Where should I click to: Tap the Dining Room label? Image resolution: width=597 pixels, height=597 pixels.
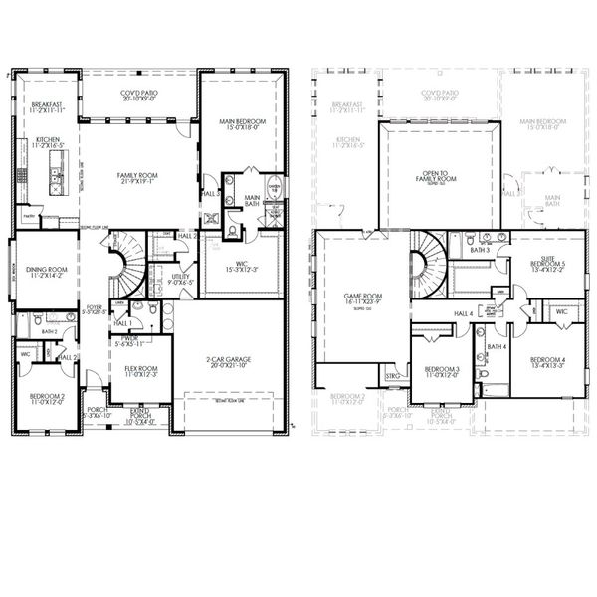(45, 270)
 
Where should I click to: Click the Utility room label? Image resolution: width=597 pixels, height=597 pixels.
(180, 278)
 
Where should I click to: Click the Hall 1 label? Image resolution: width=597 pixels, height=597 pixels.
(122, 324)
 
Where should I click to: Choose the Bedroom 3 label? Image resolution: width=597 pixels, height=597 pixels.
(443, 369)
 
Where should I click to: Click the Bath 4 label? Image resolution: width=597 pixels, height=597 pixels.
(497, 346)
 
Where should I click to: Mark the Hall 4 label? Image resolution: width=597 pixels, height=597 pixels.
(464, 314)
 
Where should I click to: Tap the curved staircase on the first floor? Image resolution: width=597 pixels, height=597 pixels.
(127, 265)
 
